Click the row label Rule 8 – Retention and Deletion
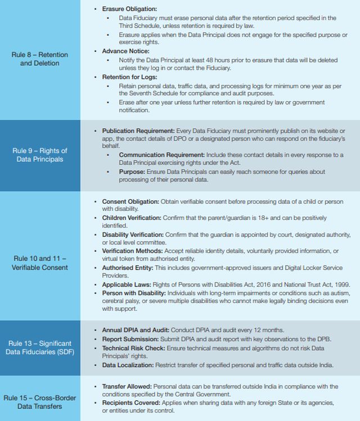tap(39, 59)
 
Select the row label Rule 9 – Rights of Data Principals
tap(39, 155)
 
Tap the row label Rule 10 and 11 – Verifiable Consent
tap(39, 263)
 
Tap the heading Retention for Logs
tap(129, 77)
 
